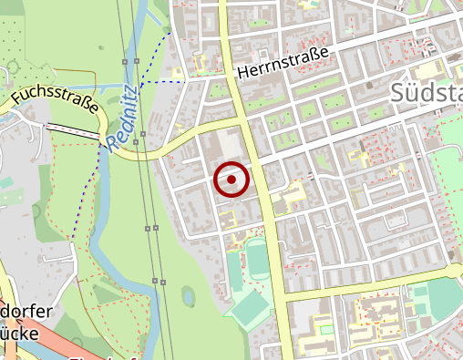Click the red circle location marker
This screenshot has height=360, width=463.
(x=231, y=180)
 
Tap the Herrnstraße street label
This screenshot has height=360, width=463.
(x=282, y=63)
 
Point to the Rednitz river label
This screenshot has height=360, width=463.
(x=121, y=118)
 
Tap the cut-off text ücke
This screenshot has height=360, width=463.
(x=20, y=334)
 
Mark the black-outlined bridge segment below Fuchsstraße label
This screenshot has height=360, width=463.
(x=73, y=131)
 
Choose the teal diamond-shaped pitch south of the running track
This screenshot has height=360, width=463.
(x=247, y=309)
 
